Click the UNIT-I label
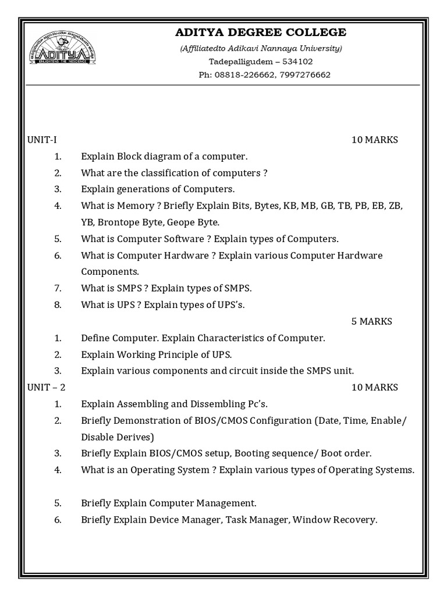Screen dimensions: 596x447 click(42, 140)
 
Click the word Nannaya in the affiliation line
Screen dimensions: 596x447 click(288, 48)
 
